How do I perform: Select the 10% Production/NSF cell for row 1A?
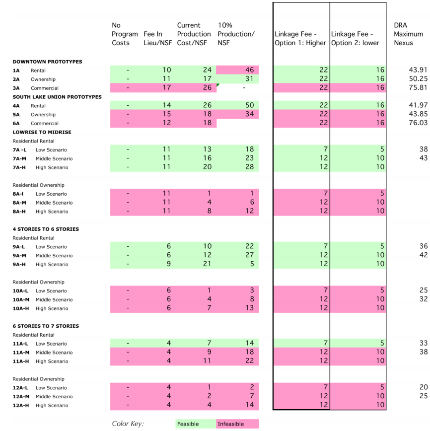(x=238, y=70)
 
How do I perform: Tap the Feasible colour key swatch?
(x=196, y=424)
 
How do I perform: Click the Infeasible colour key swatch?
(x=237, y=424)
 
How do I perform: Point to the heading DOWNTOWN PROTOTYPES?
(x=47, y=62)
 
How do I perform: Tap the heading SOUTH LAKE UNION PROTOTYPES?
(x=57, y=96)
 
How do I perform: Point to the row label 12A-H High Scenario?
(x=40, y=405)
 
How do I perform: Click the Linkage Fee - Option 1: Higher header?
(x=300, y=38)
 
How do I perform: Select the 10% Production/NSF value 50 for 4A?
(x=238, y=105)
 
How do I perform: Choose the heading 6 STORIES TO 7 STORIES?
(x=45, y=326)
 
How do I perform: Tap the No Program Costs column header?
(x=125, y=34)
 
